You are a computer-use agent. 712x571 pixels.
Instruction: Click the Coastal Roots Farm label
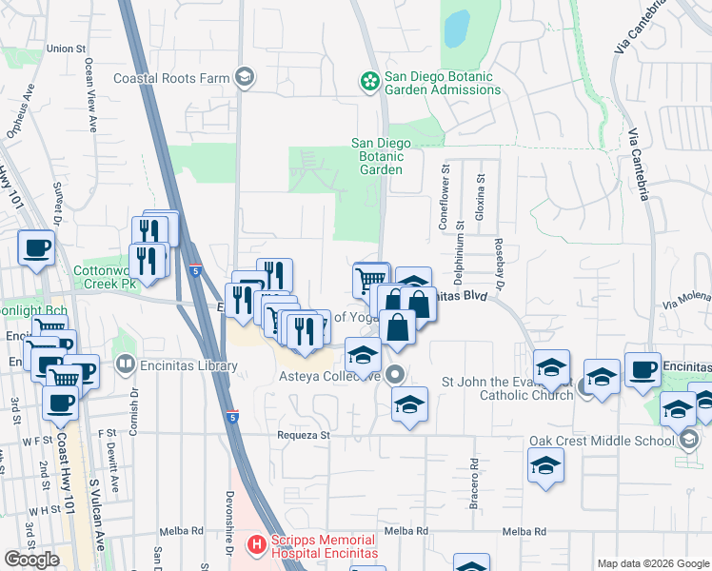tap(174, 79)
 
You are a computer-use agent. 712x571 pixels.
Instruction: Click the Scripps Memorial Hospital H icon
tap(255, 545)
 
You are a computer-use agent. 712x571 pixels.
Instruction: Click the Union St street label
tap(66, 48)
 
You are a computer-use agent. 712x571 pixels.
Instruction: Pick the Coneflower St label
tap(444, 194)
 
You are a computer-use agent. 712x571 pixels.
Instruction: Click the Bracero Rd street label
tap(473, 485)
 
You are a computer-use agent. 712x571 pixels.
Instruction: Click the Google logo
tap(31, 560)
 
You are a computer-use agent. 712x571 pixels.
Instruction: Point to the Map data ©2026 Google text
tap(652, 563)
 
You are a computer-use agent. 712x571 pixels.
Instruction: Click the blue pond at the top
tap(457, 29)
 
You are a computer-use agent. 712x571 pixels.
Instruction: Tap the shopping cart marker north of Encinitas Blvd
tap(370, 280)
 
